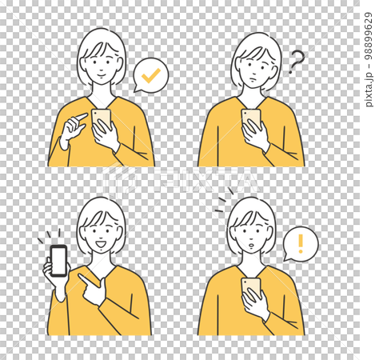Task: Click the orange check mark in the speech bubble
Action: coord(148,77)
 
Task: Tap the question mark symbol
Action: coord(297,61)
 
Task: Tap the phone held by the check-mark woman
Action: coord(101,120)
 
